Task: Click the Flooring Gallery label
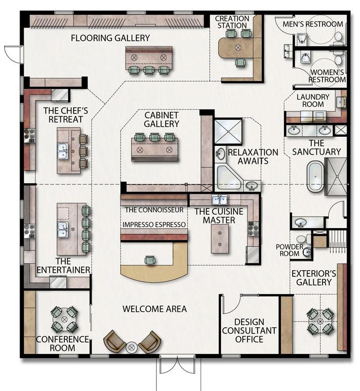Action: tap(111, 38)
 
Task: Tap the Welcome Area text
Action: tap(154, 309)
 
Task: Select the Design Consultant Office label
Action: tap(249, 331)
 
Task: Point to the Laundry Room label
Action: tap(313, 100)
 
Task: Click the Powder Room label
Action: tap(290, 250)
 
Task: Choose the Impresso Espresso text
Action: tap(154, 225)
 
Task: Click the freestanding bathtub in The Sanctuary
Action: tap(315, 177)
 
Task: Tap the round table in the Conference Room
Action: tap(64, 319)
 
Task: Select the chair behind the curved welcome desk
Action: tap(150, 260)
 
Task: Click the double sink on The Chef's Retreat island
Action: tap(63, 151)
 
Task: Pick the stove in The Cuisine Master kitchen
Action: tap(251, 229)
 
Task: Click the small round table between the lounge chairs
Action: tap(131, 347)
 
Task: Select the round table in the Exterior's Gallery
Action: tap(320, 322)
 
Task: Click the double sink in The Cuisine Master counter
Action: tap(219, 200)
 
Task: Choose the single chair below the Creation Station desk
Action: tap(240, 63)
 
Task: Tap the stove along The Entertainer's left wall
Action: tap(29, 231)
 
